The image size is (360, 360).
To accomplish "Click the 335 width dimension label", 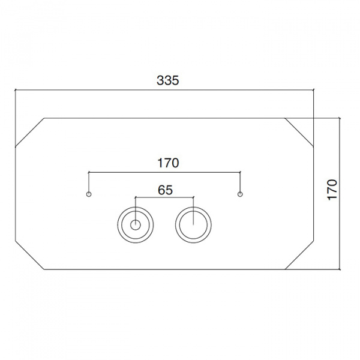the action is point(167,80).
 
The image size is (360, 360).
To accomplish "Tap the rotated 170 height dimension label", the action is point(332,190).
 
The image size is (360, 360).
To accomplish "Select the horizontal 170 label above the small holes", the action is point(168,163).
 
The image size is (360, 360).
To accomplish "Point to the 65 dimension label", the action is point(166,190).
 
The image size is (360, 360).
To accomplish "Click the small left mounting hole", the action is point(89,194).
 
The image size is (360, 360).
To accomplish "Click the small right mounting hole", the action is point(240,194).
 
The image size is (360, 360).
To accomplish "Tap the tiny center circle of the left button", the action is point(136,225).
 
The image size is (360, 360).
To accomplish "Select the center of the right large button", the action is point(193,225).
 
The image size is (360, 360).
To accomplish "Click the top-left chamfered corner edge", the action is point(29,133).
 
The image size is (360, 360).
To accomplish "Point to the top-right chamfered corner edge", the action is point(299,132).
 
